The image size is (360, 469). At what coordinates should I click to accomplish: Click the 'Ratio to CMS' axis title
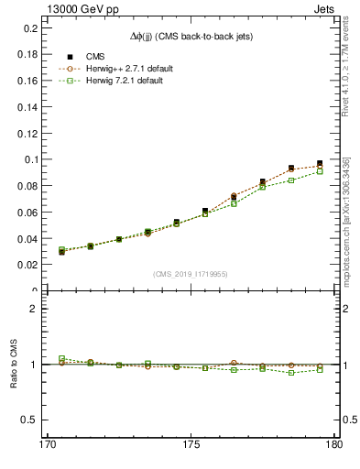click(x=12, y=364)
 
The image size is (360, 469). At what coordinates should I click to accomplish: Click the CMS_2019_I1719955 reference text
click(x=190, y=273)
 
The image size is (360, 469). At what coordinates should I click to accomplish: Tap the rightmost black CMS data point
click(x=320, y=163)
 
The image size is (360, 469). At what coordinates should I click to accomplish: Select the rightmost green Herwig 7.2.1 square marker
click(x=320, y=171)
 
